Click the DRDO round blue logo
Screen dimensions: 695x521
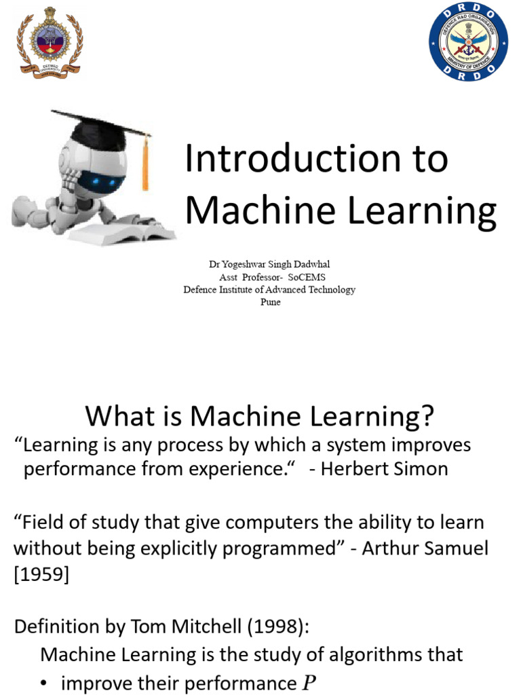coord(469,42)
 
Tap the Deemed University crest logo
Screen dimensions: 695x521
coord(49,42)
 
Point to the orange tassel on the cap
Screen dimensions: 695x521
coord(145,163)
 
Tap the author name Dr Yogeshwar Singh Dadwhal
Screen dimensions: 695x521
coord(269,265)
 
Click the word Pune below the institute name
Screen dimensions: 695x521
coord(270,302)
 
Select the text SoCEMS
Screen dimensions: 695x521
coord(306,277)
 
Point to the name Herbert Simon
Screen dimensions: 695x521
coord(384,469)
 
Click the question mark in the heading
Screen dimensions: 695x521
coord(425,416)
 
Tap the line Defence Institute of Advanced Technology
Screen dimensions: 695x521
coord(269,290)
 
